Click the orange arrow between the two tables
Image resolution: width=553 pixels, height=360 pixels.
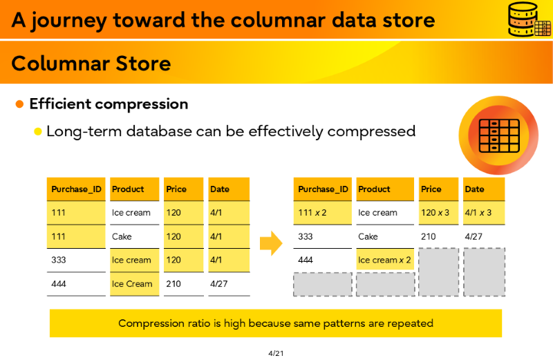(x=271, y=243)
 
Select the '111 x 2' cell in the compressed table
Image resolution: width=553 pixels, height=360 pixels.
(x=322, y=213)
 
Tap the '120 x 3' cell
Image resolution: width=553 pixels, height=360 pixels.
(x=438, y=213)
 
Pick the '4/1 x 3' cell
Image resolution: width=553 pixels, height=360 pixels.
(x=484, y=213)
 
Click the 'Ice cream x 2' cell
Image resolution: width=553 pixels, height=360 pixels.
(x=385, y=260)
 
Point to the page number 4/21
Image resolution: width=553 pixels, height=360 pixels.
(x=276, y=353)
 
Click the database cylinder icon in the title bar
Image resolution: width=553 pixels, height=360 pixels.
(x=529, y=19)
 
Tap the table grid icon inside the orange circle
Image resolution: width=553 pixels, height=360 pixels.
(x=499, y=135)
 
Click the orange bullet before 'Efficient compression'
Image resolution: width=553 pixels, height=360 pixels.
(x=19, y=104)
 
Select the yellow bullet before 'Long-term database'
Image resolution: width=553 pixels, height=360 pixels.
(x=38, y=132)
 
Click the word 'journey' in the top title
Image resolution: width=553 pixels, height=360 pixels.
(x=68, y=21)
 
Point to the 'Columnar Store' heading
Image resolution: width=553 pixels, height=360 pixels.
(x=91, y=64)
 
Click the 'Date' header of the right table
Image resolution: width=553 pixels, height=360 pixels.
(x=484, y=189)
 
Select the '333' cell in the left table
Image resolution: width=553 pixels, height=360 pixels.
(x=76, y=260)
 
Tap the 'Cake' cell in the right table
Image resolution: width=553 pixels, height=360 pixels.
(x=385, y=236)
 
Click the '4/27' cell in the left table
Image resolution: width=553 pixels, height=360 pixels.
(x=229, y=283)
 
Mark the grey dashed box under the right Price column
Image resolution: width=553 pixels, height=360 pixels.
(x=438, y=272)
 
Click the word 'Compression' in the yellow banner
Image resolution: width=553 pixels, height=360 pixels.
(x=147, y=323)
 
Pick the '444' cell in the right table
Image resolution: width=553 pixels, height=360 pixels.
(x=322, y=260)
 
